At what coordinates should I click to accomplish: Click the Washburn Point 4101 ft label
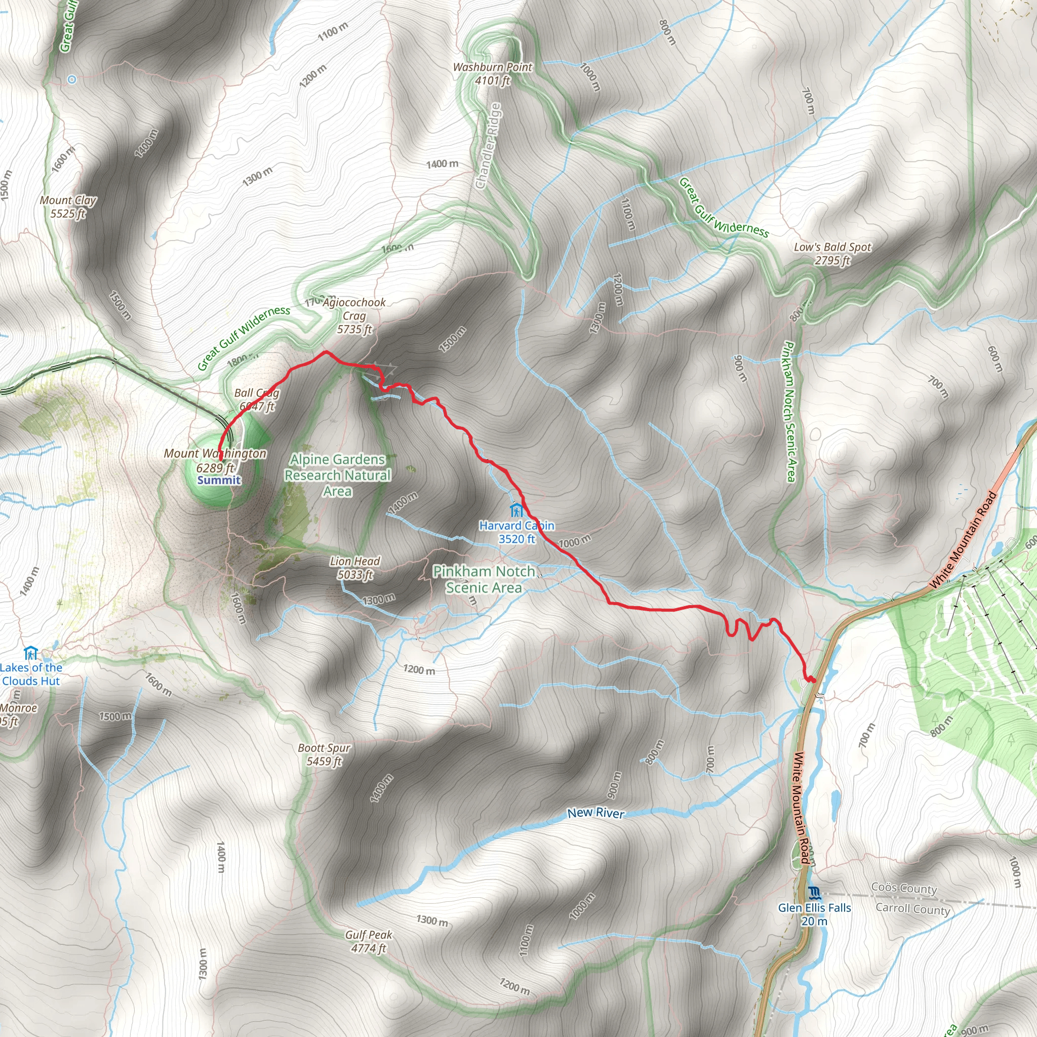point(492,74)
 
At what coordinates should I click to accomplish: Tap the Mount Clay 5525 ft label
point(68,207)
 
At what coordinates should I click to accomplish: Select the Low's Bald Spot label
point(832,253)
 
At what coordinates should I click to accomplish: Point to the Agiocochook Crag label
point(354,315)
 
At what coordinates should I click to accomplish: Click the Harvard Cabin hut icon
point(516,509)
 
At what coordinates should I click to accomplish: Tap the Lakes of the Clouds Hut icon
point(30,653)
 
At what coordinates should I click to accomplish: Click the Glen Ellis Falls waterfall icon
point(814,893)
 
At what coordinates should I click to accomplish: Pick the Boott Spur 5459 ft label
point(324,754)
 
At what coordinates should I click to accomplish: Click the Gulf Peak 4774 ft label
point(369,941)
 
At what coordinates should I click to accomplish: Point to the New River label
point(596,813)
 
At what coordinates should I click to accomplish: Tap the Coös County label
point(904,888)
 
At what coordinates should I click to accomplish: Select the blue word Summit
point(219,480)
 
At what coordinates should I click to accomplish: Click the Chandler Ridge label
point(489,146)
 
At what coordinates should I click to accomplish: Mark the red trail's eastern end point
point(813,680)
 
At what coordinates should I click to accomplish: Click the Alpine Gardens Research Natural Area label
point(338,475)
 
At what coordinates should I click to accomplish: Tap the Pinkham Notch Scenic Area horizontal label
point(484,579)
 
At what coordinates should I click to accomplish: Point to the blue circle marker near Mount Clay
point(72,79)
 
